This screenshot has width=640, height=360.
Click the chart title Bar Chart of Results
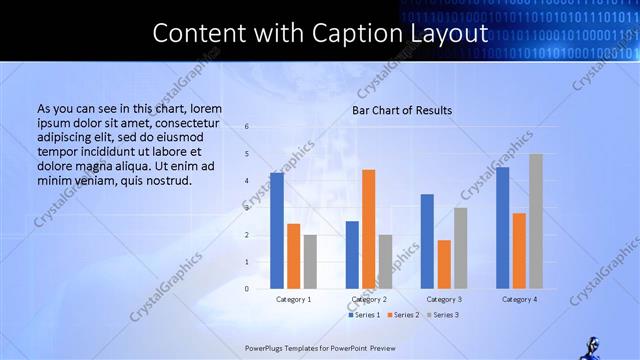tap(401, 110)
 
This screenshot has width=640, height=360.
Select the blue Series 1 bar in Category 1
tap(277, 231)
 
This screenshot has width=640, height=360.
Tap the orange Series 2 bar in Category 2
tap(369, 229)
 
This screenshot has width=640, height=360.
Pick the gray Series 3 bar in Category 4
tap(536, 221)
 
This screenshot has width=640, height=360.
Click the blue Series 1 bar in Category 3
tap(427, 241)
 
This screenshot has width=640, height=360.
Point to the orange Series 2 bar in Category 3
tap(444, 264)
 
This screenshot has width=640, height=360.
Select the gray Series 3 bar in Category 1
tap(310, 262)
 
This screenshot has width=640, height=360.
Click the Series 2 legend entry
tap(403, 315)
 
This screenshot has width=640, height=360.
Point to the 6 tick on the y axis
tap(247, 127)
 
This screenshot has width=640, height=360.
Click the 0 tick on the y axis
tap(247, 289)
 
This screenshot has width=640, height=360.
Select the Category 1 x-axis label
tap(294, 299)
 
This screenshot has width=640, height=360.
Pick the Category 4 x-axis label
tap(519, 299)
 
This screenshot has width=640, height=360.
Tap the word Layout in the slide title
tap(444, 33)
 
